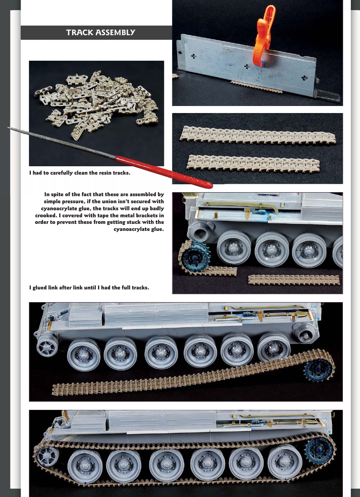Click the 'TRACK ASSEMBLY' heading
[100, 33]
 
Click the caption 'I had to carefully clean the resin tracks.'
[80, 173]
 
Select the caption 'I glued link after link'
[89, 288]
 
